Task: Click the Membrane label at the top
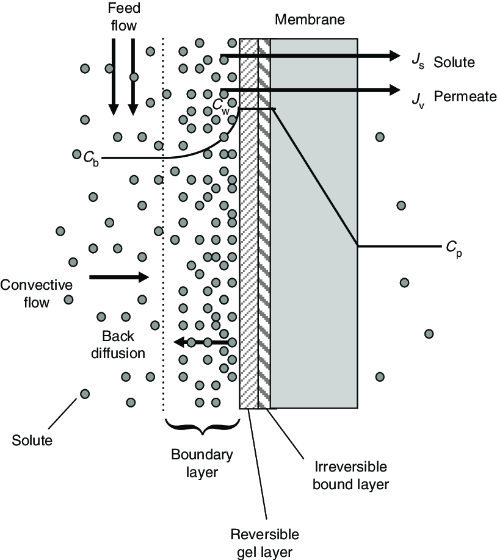pos(310,20)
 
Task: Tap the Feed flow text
pos(124,17)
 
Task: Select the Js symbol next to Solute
pos(418,62)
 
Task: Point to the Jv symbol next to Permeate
pos(418,99)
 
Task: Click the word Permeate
pos(465,96)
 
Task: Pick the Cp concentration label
pos(454,248)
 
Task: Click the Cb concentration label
pos(91,159)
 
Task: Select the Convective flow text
pos(36,293)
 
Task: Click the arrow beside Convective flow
pos(119,277)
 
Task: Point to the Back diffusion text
pos(118,345)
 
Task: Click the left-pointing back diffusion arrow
pos(201,342)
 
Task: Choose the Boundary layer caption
pos(202,463)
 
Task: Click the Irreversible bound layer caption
pos(350,475)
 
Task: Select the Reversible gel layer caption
pos(265,543)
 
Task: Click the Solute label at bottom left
pos(32,440)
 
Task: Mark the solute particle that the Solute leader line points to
pos(85,394)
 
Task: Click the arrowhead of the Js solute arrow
pos(395,56)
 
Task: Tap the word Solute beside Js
pos(454,62)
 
